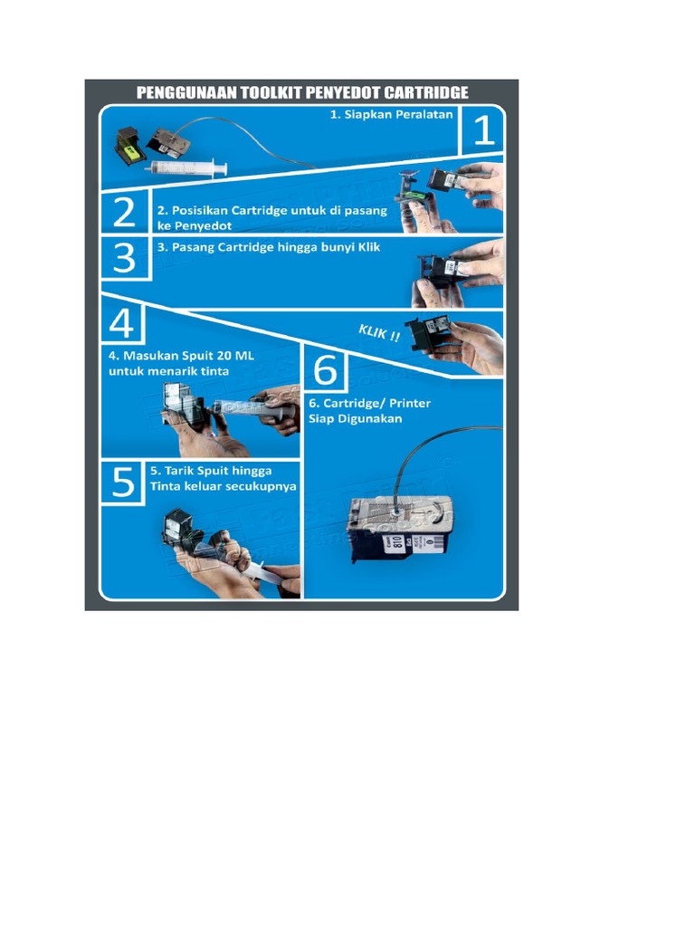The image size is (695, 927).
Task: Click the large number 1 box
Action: point(483,132)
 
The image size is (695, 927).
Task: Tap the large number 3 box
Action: point(124,257)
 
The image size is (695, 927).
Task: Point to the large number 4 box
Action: point(125,324)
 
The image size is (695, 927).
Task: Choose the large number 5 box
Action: point(124,482)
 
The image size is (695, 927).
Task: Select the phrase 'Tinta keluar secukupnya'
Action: point(223,486)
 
